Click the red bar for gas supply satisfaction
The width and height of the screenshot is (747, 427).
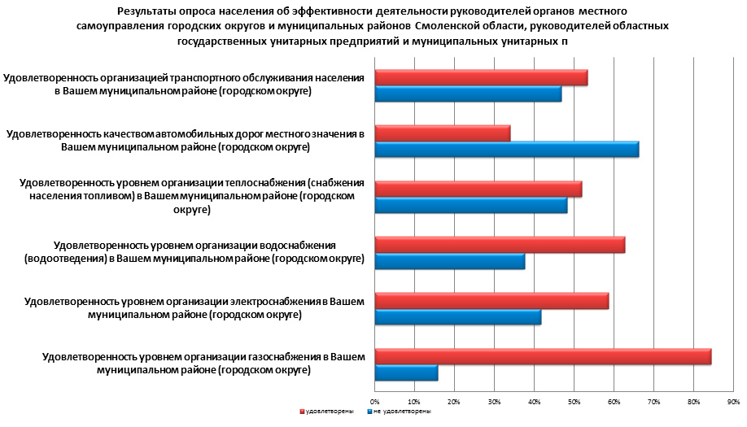[x=543, y=357]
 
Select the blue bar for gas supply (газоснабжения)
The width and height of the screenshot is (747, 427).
[x=406, y=373]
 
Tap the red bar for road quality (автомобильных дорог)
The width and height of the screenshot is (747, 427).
[x=443, y=133]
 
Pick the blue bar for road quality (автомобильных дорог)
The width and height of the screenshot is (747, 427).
[x=506, y=150]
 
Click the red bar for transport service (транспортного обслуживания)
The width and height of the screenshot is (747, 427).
[x=481, y=78]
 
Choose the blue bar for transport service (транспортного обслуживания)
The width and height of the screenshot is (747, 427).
[x=468, y=94]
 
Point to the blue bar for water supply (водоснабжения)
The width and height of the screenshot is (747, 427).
[x=449, y=262]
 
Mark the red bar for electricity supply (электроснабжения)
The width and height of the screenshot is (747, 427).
[x=491, y=301]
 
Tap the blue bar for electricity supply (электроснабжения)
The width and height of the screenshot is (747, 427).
[x=457, y=317]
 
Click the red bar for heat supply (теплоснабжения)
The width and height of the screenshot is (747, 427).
[x=478, y=190]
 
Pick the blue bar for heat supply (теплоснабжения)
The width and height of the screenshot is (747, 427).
[x=470, y=206]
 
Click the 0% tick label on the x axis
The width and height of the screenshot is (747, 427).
[x=375, y=402]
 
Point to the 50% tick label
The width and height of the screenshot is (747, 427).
[x=574, y=402]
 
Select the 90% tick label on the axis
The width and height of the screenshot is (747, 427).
[x=732, y=402]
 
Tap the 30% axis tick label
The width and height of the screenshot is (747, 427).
[x=494, y=402]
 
